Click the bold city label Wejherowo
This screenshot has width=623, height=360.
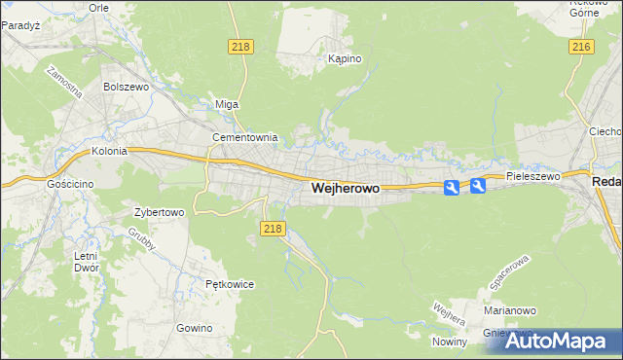click(345, 189)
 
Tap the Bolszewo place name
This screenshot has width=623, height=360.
click(125, 86)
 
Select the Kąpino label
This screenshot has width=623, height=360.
click(345, 58)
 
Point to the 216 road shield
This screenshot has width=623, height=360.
click(582, 47)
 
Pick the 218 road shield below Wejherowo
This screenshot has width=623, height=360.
click(274, 228)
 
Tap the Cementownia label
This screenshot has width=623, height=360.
click(246, 137)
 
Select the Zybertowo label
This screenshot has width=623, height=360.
click(159, 211)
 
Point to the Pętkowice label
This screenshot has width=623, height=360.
click(230, 284)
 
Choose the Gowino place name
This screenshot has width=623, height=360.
click(195, 328)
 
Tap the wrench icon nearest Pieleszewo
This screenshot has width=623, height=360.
click(478, 186)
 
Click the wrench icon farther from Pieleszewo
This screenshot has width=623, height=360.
click(451, 187)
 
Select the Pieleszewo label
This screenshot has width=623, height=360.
click(532, 176)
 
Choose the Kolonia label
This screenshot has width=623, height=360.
click(110, 152)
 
